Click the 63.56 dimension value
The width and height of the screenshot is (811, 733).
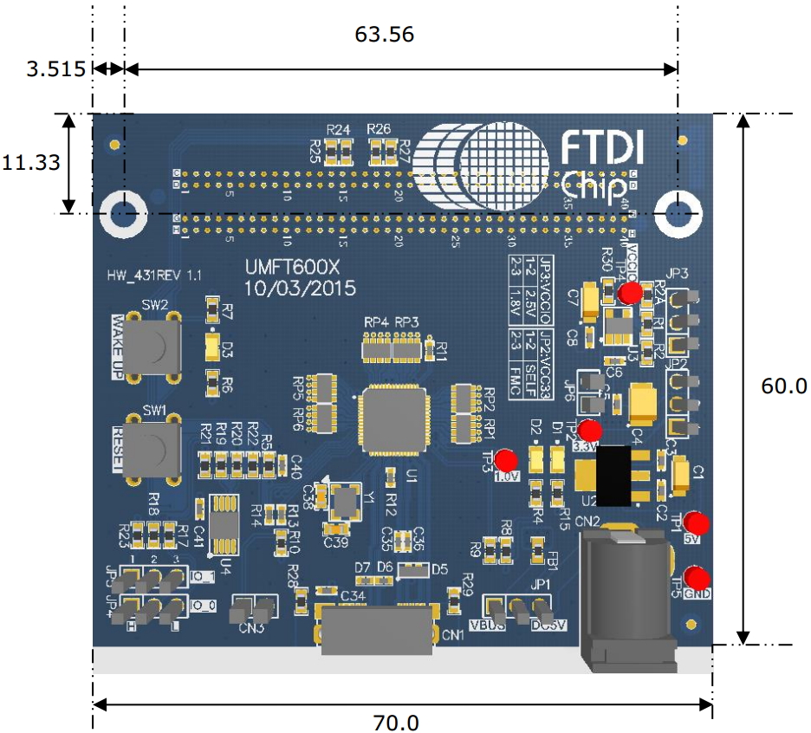tap(384, 36)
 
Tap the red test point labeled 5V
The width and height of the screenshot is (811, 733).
tap(696, 523)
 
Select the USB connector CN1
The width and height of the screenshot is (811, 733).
tap(376, 627)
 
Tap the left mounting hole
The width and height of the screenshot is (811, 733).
tap(123, 213)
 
